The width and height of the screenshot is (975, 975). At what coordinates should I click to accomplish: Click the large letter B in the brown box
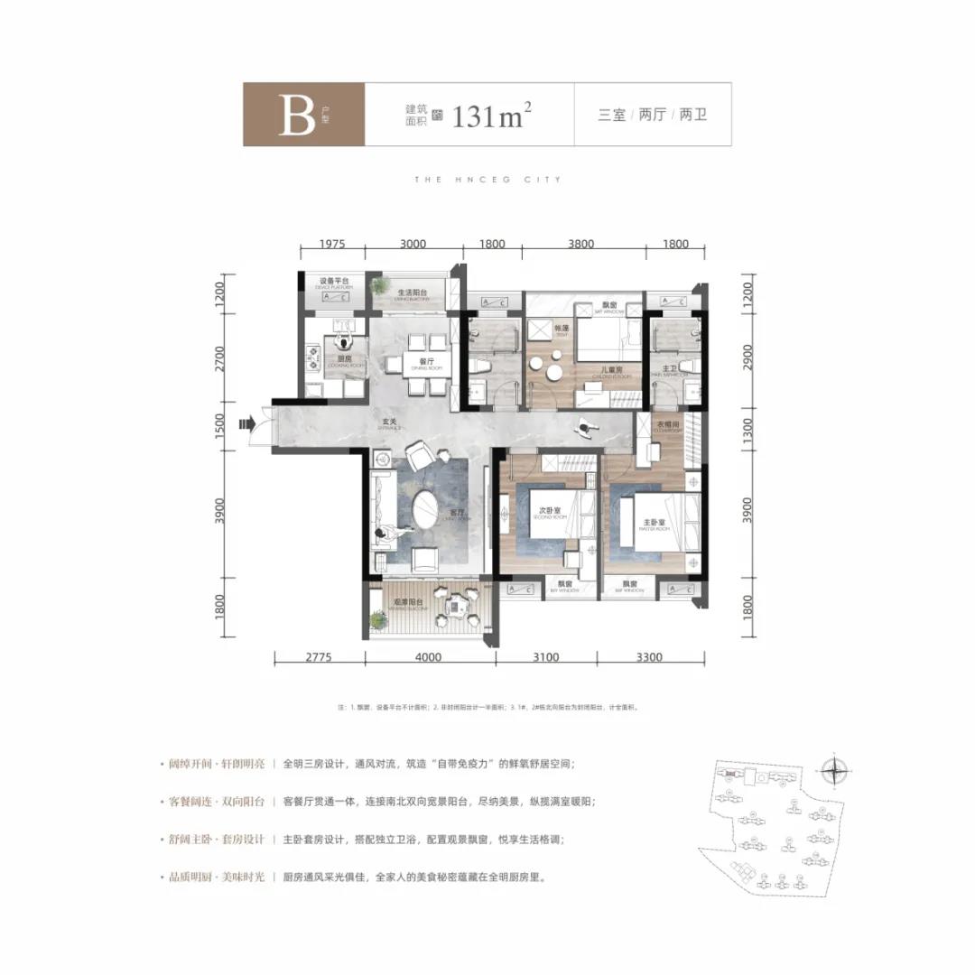click(x=296, y=116)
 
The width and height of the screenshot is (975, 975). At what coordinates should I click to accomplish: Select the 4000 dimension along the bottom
click(x=429, y=657)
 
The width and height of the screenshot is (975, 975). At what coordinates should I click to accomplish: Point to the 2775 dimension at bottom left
click(x=319, y=657)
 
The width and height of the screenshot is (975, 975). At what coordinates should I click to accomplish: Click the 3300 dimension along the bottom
click(x=650, y=657)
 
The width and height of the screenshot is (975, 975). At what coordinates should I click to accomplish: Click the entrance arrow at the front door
click(x=245, y=422)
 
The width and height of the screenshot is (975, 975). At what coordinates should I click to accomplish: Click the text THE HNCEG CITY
click(x=487, y=180)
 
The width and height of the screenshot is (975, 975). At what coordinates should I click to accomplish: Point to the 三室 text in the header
click(x=611, y=116)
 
